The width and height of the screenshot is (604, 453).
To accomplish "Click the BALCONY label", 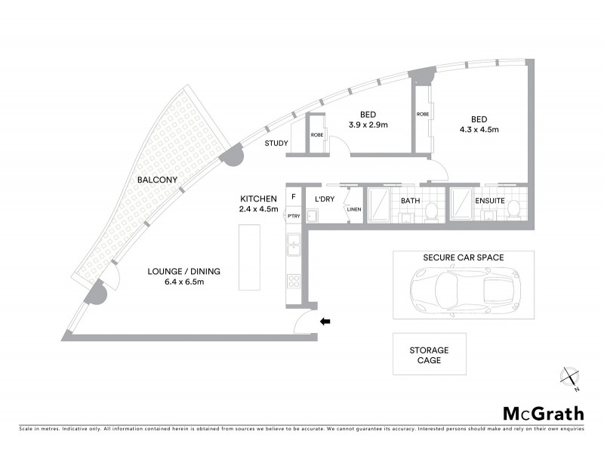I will click(x=157, y=180).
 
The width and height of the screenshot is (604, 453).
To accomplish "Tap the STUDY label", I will click(x=276, y=143).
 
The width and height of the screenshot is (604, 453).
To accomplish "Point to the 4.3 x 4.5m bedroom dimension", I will click(x=479, y=129).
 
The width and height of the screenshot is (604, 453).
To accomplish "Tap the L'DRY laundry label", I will click(x=325, y=200).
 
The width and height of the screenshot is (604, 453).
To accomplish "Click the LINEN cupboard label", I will click(x=353, y=209).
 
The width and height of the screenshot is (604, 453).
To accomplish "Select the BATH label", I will click(x=410, y=201).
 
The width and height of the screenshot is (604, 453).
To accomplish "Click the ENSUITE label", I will click(x=490, y=201).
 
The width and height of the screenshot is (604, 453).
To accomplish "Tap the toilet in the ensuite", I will click(x=513, y=209).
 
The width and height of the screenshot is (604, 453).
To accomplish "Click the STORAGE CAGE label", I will click(x=429, y=356).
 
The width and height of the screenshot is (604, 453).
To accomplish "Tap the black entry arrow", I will click(x=326, y=322).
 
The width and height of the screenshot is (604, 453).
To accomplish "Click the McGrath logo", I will click(x=543, y=413).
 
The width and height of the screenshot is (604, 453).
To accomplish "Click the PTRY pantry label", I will click(x=293, y=216).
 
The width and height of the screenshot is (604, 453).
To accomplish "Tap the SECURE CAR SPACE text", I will click(x=463, y=257).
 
